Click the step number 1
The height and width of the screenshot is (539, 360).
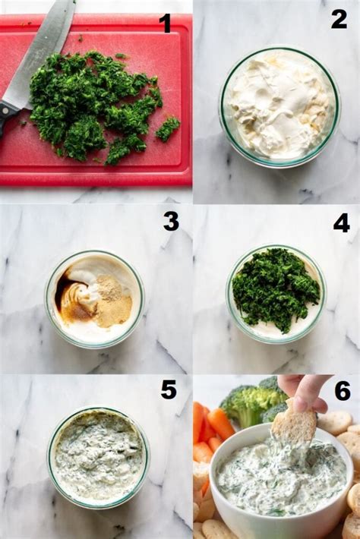pyautogui.click(x=166, y=24)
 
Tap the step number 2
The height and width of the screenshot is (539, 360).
pyautogui.click(x=339, y=20)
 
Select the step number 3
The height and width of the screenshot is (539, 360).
pyautogui.click(x=171, y=222)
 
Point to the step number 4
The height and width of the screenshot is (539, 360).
pyautogui.click(x=341, y=222)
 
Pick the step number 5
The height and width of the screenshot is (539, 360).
pyautogui.click(x=169, y=389)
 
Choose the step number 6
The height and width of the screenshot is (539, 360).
pyautogui.click(x=343, y=391)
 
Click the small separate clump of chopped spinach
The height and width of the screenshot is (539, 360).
pyautogui.click(x=168, y=128)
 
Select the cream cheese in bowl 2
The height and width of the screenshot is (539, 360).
pyautogui.click(x=279, y=106)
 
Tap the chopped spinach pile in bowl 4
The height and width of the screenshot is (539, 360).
pyautogui.click(x=275, y=287)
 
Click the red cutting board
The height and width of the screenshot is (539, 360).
pyautogui.click(x=96, y=99)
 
